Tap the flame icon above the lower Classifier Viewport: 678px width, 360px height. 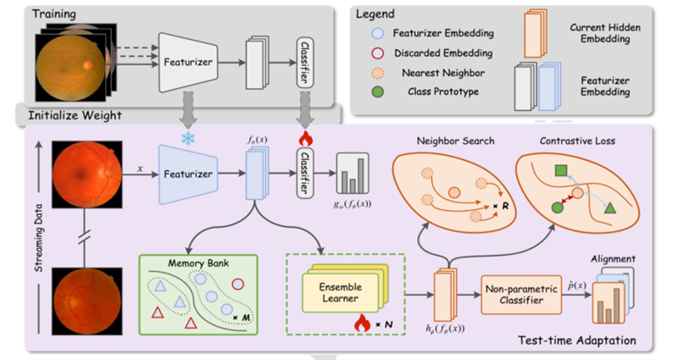[303, 138]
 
